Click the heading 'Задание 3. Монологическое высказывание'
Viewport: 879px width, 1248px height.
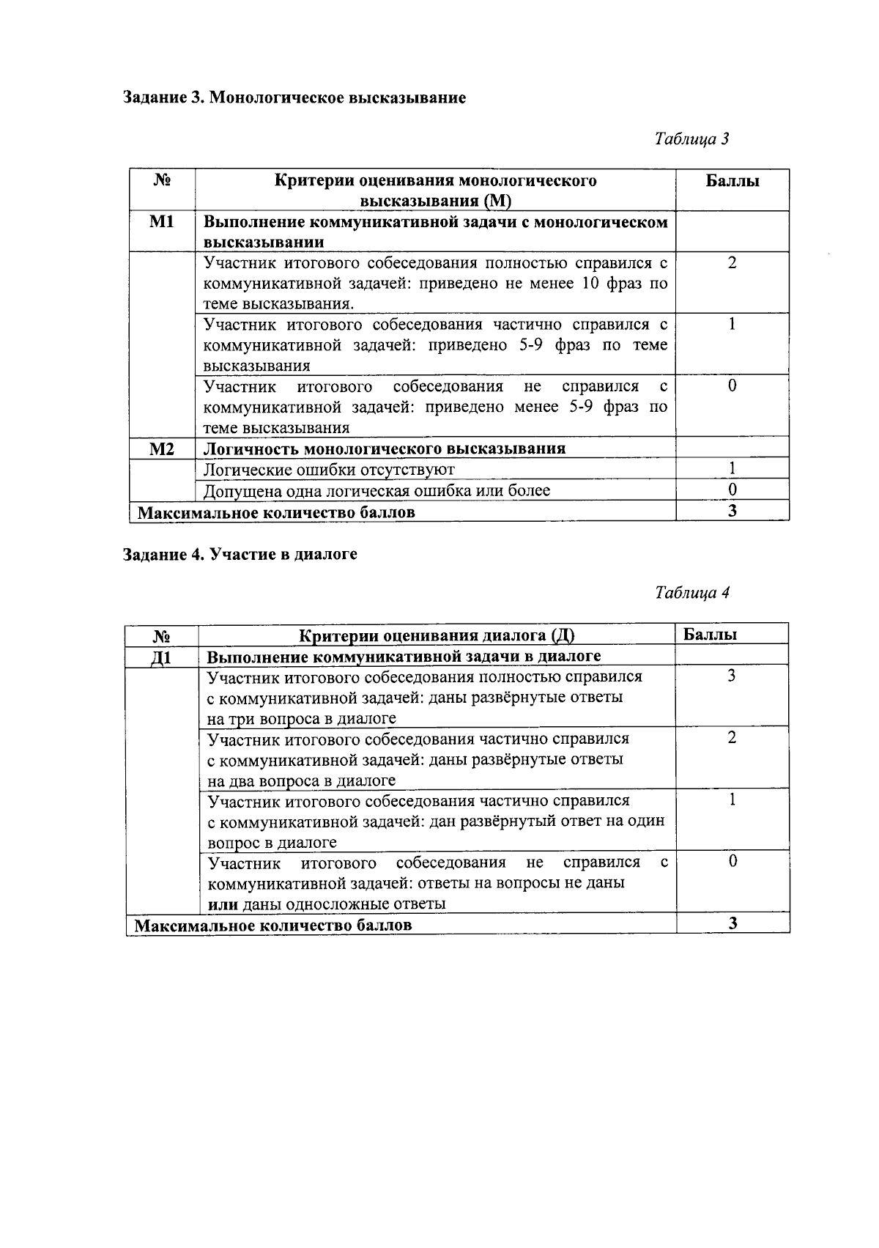pyautogui.click(x=294, y=98)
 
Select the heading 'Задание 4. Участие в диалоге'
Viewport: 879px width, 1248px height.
pyautogui.click(x=240, y=555)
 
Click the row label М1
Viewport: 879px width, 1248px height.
pyautogui.click(x=162, y=221)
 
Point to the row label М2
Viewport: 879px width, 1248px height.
pyautogui.click(x=162, y=448)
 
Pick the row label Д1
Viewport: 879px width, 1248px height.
pyautogui.click(x=161, y=657)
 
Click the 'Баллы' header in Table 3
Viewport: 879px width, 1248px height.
pyautogui.click(x=732, y=181)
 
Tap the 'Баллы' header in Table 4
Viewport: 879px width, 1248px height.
pyautogui.click(x=710, y=635)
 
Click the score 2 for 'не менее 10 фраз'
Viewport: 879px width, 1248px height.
pyautogui.click(x=732, y=263)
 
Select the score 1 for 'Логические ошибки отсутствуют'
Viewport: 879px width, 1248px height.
pyautogui.click(x=732, y=469)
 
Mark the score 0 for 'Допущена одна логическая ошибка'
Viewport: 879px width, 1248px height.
pyautogui.click(x=732, y=490)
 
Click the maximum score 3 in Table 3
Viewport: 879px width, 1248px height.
pyautogui.click(x=732, y=511)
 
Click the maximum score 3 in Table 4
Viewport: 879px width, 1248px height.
pyautogui.click(x=732, y=923)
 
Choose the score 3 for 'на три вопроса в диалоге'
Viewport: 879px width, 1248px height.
pyautogui.click(x=732, y=676)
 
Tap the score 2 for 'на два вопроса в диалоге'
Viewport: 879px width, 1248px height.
pyautogui.click(x=732, y=738)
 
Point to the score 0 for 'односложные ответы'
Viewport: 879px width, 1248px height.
pyautogui.click(x=732, y=862)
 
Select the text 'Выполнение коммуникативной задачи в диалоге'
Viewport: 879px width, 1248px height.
pyautogui.click(x=404, y=656)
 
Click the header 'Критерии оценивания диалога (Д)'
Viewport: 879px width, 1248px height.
pyautogui.click(x=437, y=635)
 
